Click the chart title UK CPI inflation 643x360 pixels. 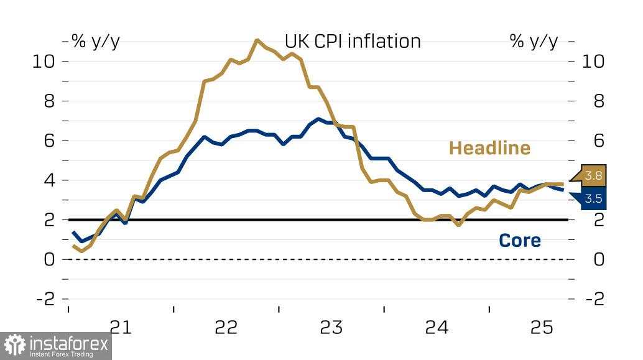click(353, 41)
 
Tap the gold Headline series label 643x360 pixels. click(489, 148)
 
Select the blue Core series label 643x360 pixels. click(519, 241)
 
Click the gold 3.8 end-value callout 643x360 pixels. click(593, 176)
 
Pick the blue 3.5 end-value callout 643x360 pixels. click(593, 200)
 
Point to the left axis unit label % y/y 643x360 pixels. click(96, 41)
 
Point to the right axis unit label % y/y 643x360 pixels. click(534, 41)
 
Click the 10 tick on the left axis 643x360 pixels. click(45, 62)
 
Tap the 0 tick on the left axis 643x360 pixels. click(50, 259)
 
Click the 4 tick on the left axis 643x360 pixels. click(50, 180)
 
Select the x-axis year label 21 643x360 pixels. click(121, 327)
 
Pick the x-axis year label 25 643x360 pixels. click(541, 327)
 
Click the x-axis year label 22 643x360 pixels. click(226, 327)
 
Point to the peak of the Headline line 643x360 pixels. click(257, 40)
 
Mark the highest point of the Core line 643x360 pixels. click(318, 119)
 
